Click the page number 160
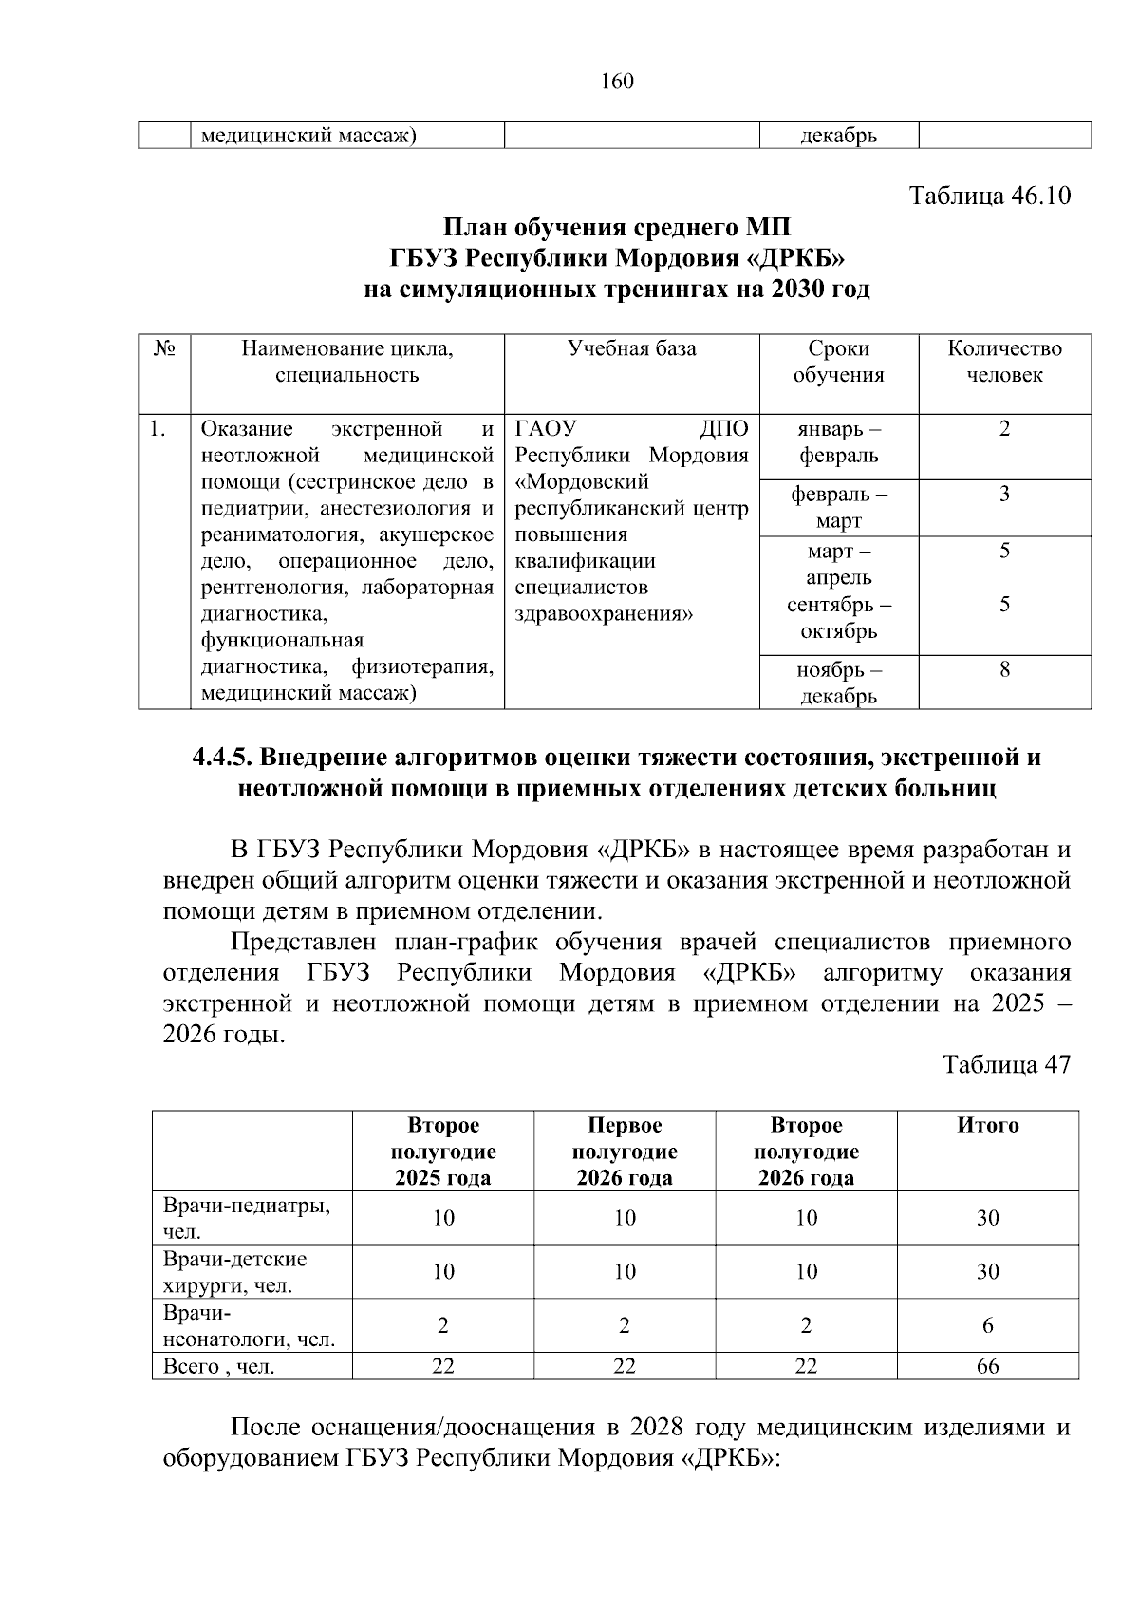click(x=617, y=82)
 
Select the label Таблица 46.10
click(x=990, y=196)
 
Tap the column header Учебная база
click(x=631, y=348)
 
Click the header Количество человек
click(x=1004, y=362)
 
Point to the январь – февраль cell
click(x=838, y=442)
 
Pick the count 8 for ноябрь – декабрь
click(x=1004, y=670)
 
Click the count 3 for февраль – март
click(x=1004, y=494)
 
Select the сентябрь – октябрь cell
click(x=838, y=618)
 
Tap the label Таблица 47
click(x=1006, y=1064)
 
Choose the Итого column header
click(x=987, y=1126)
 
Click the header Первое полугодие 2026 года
click(x=624, y=1152)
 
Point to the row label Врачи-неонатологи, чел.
click(x=249, y=1326)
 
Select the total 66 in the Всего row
click(x=987, y=1367)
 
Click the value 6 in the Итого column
click(x=987, y=1326)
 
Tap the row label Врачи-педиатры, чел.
click(x=247, y=1219)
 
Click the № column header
click(x=163, y=348)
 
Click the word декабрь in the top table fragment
click(x=838, y=136)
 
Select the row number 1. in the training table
click(x=158, y=430)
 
